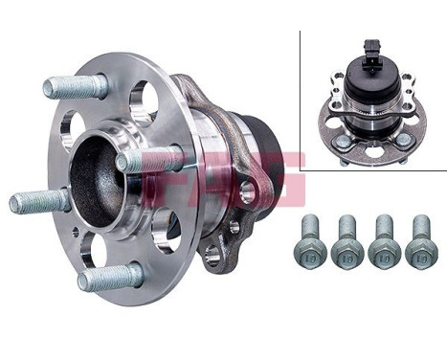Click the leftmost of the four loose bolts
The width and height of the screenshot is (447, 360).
tap(310, 240)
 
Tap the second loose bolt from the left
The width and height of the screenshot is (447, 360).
tap(346, 240)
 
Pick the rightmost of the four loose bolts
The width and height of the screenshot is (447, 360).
tap(420, 240)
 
